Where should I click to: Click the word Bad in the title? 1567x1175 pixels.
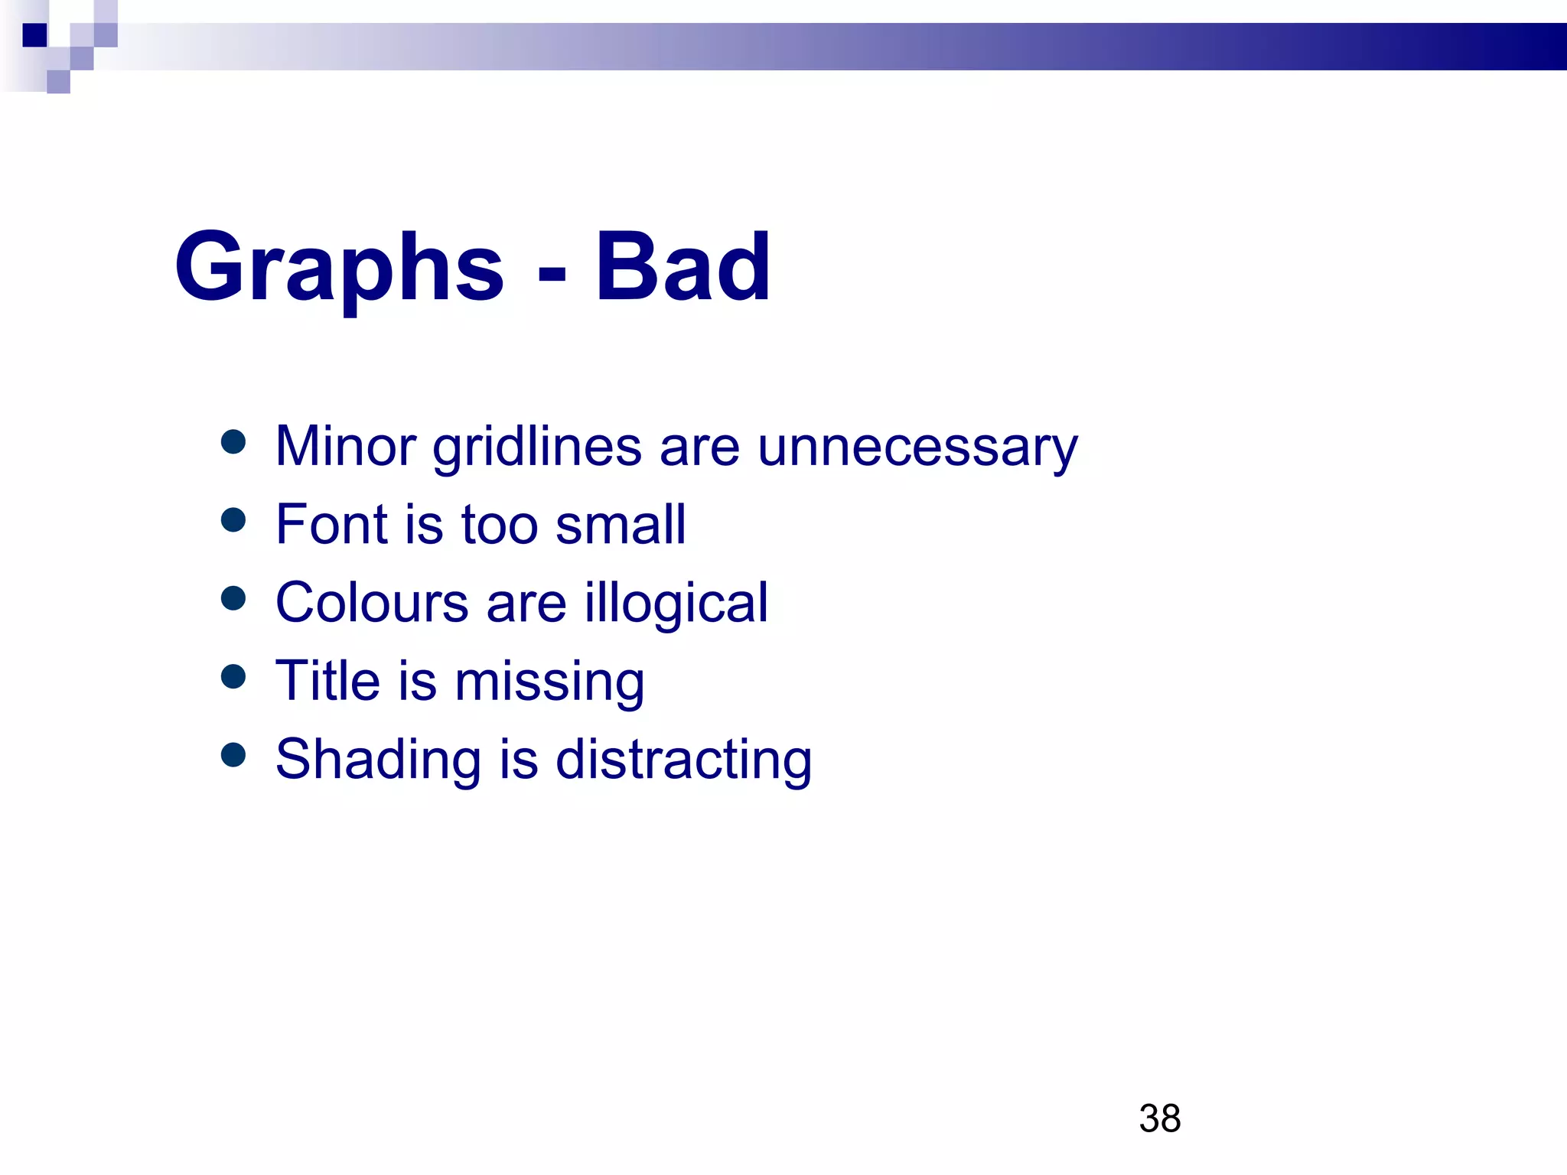coord(683,268)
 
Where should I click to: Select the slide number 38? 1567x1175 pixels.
coord(1159,1118)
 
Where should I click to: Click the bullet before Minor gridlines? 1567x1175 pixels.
coord(233,441)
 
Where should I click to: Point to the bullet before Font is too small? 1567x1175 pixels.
coord(233,520)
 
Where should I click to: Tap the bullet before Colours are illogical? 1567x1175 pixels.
coord(233,598)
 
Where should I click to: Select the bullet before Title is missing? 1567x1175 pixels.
coord(233,676)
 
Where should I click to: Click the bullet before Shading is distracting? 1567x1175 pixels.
coord(233,755)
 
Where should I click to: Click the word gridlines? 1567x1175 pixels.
coord(536,447)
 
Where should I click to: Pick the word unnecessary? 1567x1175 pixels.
coord(917,447)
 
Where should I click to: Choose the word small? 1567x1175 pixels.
coord(621,525)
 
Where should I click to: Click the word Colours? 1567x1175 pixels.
coord(372,603)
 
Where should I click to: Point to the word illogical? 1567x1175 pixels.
coord(676,604)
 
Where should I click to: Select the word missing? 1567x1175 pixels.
coord(549,682)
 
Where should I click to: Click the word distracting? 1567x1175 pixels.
coord(683,760)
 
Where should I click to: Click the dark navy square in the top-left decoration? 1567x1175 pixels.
coord(34,35)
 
